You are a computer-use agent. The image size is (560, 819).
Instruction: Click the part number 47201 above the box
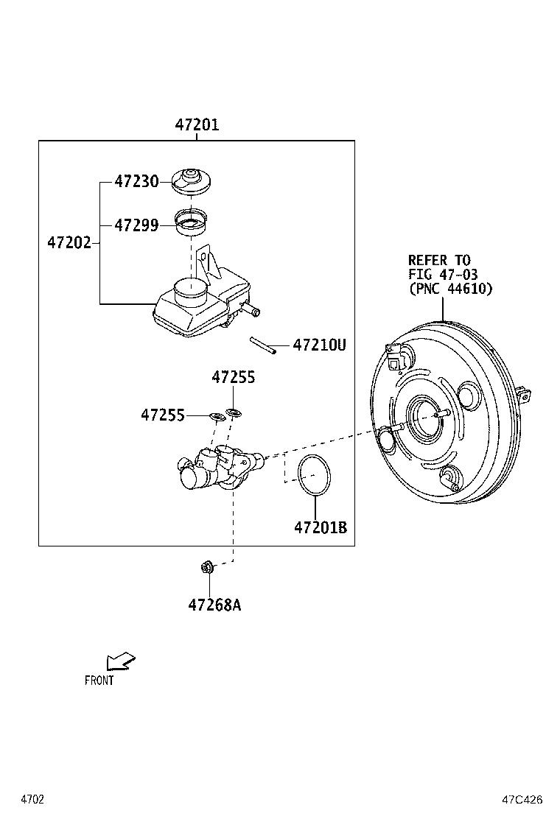[x=197, y=125]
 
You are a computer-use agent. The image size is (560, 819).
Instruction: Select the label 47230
[x=136, y=181]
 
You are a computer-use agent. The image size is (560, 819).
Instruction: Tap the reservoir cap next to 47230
[x=191, y=182]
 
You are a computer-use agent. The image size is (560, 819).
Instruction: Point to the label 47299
[x=136, y=225]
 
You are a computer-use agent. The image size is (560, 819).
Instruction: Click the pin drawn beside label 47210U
[x=262, y=345]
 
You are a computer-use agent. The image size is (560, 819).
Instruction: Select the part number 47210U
[x=319, y=345]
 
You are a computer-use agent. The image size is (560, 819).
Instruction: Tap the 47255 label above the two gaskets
[x=234, y=377]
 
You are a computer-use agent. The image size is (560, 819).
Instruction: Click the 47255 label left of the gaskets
[x=163, y=415]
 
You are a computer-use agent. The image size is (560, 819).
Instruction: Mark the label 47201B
[x=320, y=527]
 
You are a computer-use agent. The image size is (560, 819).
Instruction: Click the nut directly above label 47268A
[x=208, y=566]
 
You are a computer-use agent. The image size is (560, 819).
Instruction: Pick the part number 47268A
[x=214, y=605]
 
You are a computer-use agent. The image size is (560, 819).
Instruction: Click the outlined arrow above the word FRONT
[x=119, y=661]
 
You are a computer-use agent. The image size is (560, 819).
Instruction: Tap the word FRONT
[x=99, y=681]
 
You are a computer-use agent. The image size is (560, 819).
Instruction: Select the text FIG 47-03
[x=443, y=275]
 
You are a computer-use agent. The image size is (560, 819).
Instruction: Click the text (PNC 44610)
[x=450, y=289]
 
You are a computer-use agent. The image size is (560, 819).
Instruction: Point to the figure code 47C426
[x=522, y=799]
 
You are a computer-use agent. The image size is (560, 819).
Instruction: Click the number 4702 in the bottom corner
[x=32, y=799]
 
